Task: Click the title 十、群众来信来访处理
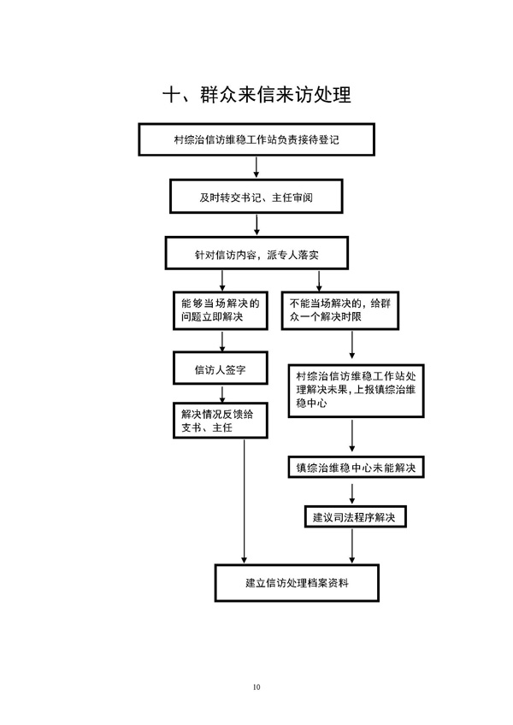click(256, 95)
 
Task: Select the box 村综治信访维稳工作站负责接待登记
click(256, 139)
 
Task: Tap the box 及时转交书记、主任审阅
click(256, 197)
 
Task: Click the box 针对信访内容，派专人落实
click(256, 253)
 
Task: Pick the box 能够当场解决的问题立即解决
click(221, 310)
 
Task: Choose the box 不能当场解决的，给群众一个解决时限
click(340, 310)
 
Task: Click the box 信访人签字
click(221, 368)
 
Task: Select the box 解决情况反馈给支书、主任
click(221, 421)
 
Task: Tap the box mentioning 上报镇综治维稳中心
click(357, 391)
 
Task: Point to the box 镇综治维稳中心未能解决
click(357, 468)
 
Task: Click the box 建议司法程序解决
click(356, 516)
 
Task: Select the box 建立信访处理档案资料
click(297, 582)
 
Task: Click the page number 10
click(256, 687)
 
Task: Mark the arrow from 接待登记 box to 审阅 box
click(256, 168)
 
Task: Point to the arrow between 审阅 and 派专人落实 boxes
click(256, 225)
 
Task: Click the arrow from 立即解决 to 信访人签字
click(222, 341)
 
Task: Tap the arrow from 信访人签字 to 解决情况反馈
click(222, 393)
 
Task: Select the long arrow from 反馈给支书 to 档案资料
click(245, 501)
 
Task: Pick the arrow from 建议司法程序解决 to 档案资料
click(352, 545)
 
